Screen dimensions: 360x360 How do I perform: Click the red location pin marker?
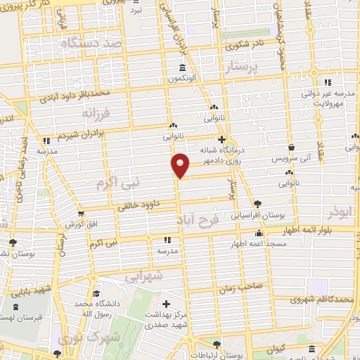pyautogui.click(x=181, y=165)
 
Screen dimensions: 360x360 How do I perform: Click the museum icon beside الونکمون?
pyautogui.click(x=183, y=67)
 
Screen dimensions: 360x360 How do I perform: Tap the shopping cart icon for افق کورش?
pyautogui.click(x=82, y=213)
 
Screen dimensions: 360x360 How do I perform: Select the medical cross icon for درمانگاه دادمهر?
pyautogui.click(x=222, y=139)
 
